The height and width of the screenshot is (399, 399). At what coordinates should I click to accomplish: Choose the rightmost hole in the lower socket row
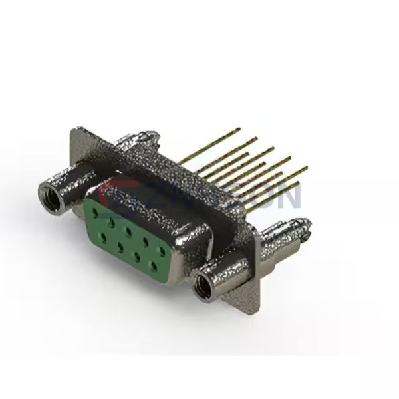156,266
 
